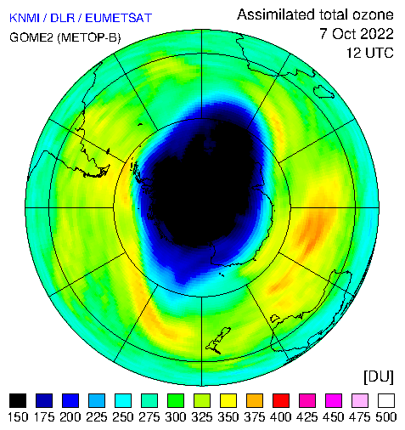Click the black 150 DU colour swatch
[18, 400]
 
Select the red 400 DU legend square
[281, 400]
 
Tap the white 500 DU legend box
[386, 400]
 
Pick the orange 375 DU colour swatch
[255, 400]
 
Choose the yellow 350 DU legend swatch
[228, 400]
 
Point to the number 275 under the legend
[149, 417]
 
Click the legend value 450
[334, 417]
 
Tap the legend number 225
[97, 417]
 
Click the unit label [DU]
[379, 377]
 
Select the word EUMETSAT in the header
[119, 18]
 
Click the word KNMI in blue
[25, 18]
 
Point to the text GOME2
[31, 37]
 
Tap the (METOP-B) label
[89, 37]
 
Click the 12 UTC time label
[370, 53]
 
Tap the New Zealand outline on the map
[218, 341]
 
